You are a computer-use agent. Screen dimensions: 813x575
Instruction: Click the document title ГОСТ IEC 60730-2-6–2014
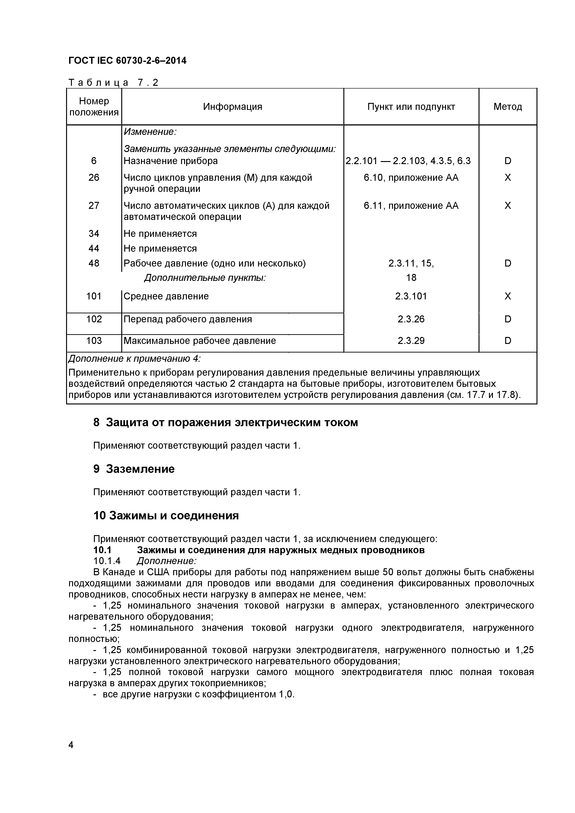pyautogui.click(x=127, y=61)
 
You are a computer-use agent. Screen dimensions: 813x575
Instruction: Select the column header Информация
pyautogui.click(x=232, y=107)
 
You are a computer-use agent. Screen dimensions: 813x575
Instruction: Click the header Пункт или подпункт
pyautogui.click(x=411, y=107)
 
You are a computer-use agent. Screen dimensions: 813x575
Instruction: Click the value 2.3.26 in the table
pyautogui.click(x=411, y=319)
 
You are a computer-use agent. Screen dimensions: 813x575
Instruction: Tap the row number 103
pyautogui.click(x=94, y=341)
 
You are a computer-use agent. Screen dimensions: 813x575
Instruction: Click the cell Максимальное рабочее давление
pyautogui.click(x=199, y=341)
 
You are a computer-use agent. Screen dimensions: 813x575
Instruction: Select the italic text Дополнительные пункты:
pyautogui.click(x=205, y=278)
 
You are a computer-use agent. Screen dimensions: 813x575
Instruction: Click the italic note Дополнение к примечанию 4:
pyautogui.click(x=134, y=359)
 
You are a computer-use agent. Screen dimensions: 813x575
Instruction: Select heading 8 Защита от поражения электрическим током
pyautogui.click(x=225, y=422)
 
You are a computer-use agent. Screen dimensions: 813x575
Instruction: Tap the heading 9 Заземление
pyautogui.click(x=134, y=469)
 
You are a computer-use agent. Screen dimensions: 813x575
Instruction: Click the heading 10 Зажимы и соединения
pyautogui.click(x=166, y=516)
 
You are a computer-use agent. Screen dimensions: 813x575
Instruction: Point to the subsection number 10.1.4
pyautogui.click(x=107, y=561)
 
